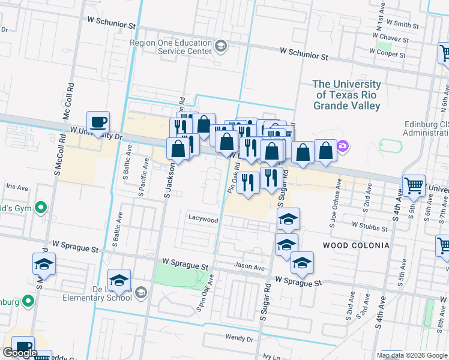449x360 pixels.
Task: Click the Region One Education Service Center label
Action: click(172, 47)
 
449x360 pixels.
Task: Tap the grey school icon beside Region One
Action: click(220, 46)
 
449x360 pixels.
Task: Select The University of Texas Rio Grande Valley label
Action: click(346, 95)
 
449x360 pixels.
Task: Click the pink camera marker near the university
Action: click(343, 145)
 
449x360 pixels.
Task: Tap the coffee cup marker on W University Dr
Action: click(98, 122)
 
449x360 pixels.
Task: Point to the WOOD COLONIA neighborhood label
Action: click(356, 245)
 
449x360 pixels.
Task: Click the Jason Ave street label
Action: click(250, 268)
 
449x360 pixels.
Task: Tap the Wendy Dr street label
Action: click(239, 338)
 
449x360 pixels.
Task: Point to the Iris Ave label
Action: click(17, 187)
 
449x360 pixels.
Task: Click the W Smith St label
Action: click(402, 25)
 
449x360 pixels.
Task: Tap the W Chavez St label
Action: click(390, 38)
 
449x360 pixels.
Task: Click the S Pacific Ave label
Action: click(142, 178)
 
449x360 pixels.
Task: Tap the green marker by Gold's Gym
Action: click(41, 208)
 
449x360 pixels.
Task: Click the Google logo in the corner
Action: click(20, 353)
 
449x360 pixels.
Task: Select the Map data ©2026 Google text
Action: click(412, 355)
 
